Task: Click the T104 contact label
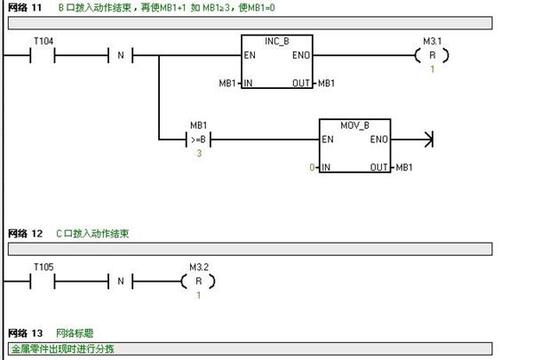[x=44, y=42]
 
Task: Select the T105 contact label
[x=44, y=267]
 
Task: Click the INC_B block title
[x=276, y=42]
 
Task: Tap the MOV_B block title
[x=354, y=125]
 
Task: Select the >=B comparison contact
[x=198, y=140]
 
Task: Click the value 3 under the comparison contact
[x=199, y=154]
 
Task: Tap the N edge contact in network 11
[x=121, y=55]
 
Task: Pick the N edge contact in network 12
[x=121, y=281]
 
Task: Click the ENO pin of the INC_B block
[x=301, y=55]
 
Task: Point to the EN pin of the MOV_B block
[x=328, y=140]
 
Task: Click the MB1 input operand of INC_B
[x=227, y=84]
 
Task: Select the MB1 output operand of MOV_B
[x=404, y=167]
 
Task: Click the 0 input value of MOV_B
[x=312, y=167]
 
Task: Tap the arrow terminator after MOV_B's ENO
[x=429, y=140]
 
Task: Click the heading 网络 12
[x=25, y=234]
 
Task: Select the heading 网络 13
[x=25, y=333]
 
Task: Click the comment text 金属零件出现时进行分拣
[x=62, y=348]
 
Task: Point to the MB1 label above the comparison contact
[x=198, y=125]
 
